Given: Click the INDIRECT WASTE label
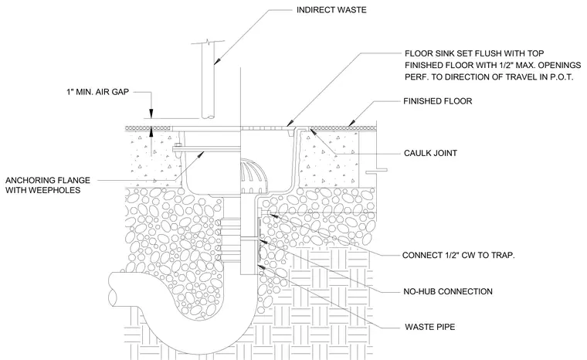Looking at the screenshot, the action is [x=331, y=10].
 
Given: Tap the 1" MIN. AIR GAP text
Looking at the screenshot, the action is [x=98, y=91].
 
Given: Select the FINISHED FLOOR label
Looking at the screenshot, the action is [x=438, y=101].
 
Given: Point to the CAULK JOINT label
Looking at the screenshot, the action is [x=430, y=153].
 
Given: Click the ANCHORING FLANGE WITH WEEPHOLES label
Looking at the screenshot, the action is [x=48, y=185].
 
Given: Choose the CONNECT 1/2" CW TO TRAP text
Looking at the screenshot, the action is [x=459, y=255].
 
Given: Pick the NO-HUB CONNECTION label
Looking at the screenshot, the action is [x=448, y=291].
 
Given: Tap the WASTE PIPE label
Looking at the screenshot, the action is [x=429, y=327].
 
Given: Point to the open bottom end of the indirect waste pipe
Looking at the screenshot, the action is [x=208, y=117].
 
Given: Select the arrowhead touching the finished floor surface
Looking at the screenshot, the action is [x=351, y=124].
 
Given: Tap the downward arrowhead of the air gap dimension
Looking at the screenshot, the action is [x=151, y=114].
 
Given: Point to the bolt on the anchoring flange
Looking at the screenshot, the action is [x=178, y=148].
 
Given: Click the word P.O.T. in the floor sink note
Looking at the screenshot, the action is [x=560, y=77].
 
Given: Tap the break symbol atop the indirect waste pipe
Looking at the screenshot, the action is [x=208, y=42].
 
